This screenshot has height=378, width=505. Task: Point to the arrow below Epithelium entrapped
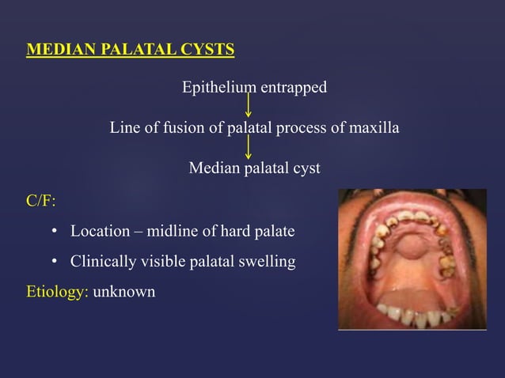pos(249,105)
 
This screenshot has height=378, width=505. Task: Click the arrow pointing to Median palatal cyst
pos(249,147)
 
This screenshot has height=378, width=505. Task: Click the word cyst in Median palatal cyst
pos(305,168)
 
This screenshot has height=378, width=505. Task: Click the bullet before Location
pos(55,232)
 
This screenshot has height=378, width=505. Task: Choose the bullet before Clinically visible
pos(55,261)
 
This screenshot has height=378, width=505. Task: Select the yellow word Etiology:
pos(57,292)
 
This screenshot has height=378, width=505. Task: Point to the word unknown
pos(124,292)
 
